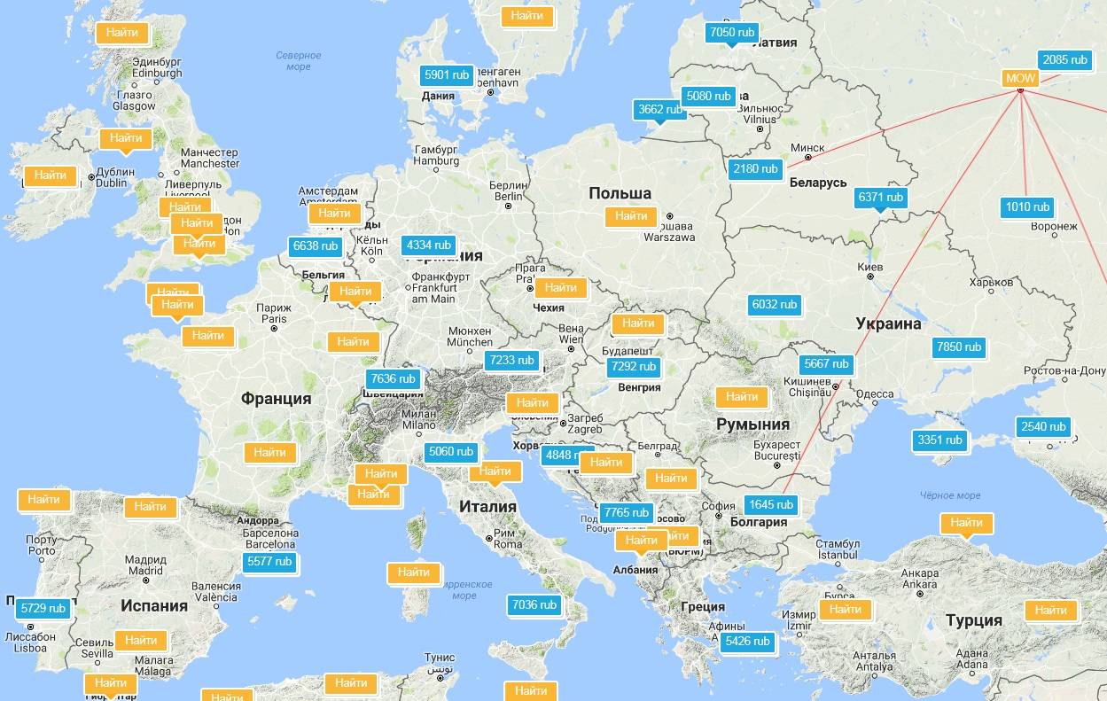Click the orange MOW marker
[x=1020, y=78]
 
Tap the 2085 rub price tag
[x=1064, y=60]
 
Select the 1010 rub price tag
[x=1027, y=207]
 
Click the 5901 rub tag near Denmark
[x=447, y=75]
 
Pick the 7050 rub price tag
[x=732, y=33]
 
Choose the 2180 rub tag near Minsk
[x=755, y=168]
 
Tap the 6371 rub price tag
[x=880, y=198]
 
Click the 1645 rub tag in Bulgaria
[x=770, y=505]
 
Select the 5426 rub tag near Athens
[x=747, y=642]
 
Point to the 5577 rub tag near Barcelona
[x=269, y=562]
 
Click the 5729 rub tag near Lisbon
[x=43, y=609]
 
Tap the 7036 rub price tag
[x=534, y=605]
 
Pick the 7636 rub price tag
[x=393, y=379]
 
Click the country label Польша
[x=620, y=193]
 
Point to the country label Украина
[x=888, y=324]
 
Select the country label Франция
[x=276, y=399]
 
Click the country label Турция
[x=973, y=620]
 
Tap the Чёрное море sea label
[x=949, y=495]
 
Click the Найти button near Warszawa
[x=631, y=216]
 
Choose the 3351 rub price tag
[x=939, y=440]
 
